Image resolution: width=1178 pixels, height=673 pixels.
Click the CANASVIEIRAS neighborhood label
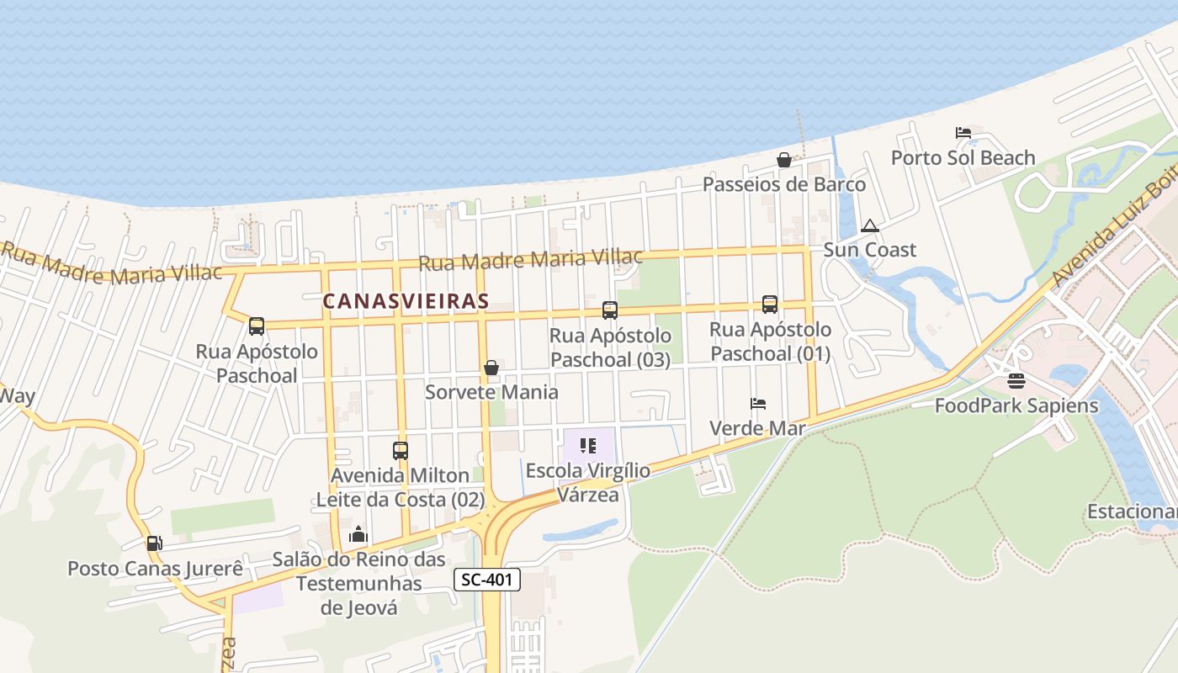406,300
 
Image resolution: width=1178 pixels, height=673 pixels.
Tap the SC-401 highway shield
487,579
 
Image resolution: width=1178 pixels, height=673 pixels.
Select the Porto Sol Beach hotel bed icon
963,133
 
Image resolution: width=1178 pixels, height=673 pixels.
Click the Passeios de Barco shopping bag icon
783,160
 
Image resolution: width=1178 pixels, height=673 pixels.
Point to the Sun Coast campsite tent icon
869,225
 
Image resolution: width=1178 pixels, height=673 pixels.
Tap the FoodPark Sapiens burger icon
1016,381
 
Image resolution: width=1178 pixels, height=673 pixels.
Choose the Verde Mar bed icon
757,404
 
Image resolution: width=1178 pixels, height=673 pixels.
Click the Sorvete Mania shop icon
491,368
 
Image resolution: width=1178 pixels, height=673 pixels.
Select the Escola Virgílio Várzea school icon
587,445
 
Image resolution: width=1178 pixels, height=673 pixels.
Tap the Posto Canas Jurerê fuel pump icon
154,544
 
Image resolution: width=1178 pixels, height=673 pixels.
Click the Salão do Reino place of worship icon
358,534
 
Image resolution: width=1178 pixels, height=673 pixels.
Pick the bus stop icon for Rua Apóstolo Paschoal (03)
610,310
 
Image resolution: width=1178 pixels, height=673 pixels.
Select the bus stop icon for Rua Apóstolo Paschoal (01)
769,305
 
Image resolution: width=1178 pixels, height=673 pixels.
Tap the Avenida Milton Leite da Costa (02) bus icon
400,451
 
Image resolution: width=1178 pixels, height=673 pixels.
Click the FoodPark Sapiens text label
1016,405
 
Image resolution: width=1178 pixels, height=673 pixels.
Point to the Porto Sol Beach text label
963,157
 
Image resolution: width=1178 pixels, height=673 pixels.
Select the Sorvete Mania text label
491,392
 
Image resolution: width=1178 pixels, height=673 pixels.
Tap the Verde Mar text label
757,428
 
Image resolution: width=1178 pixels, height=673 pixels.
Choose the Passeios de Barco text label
783,184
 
